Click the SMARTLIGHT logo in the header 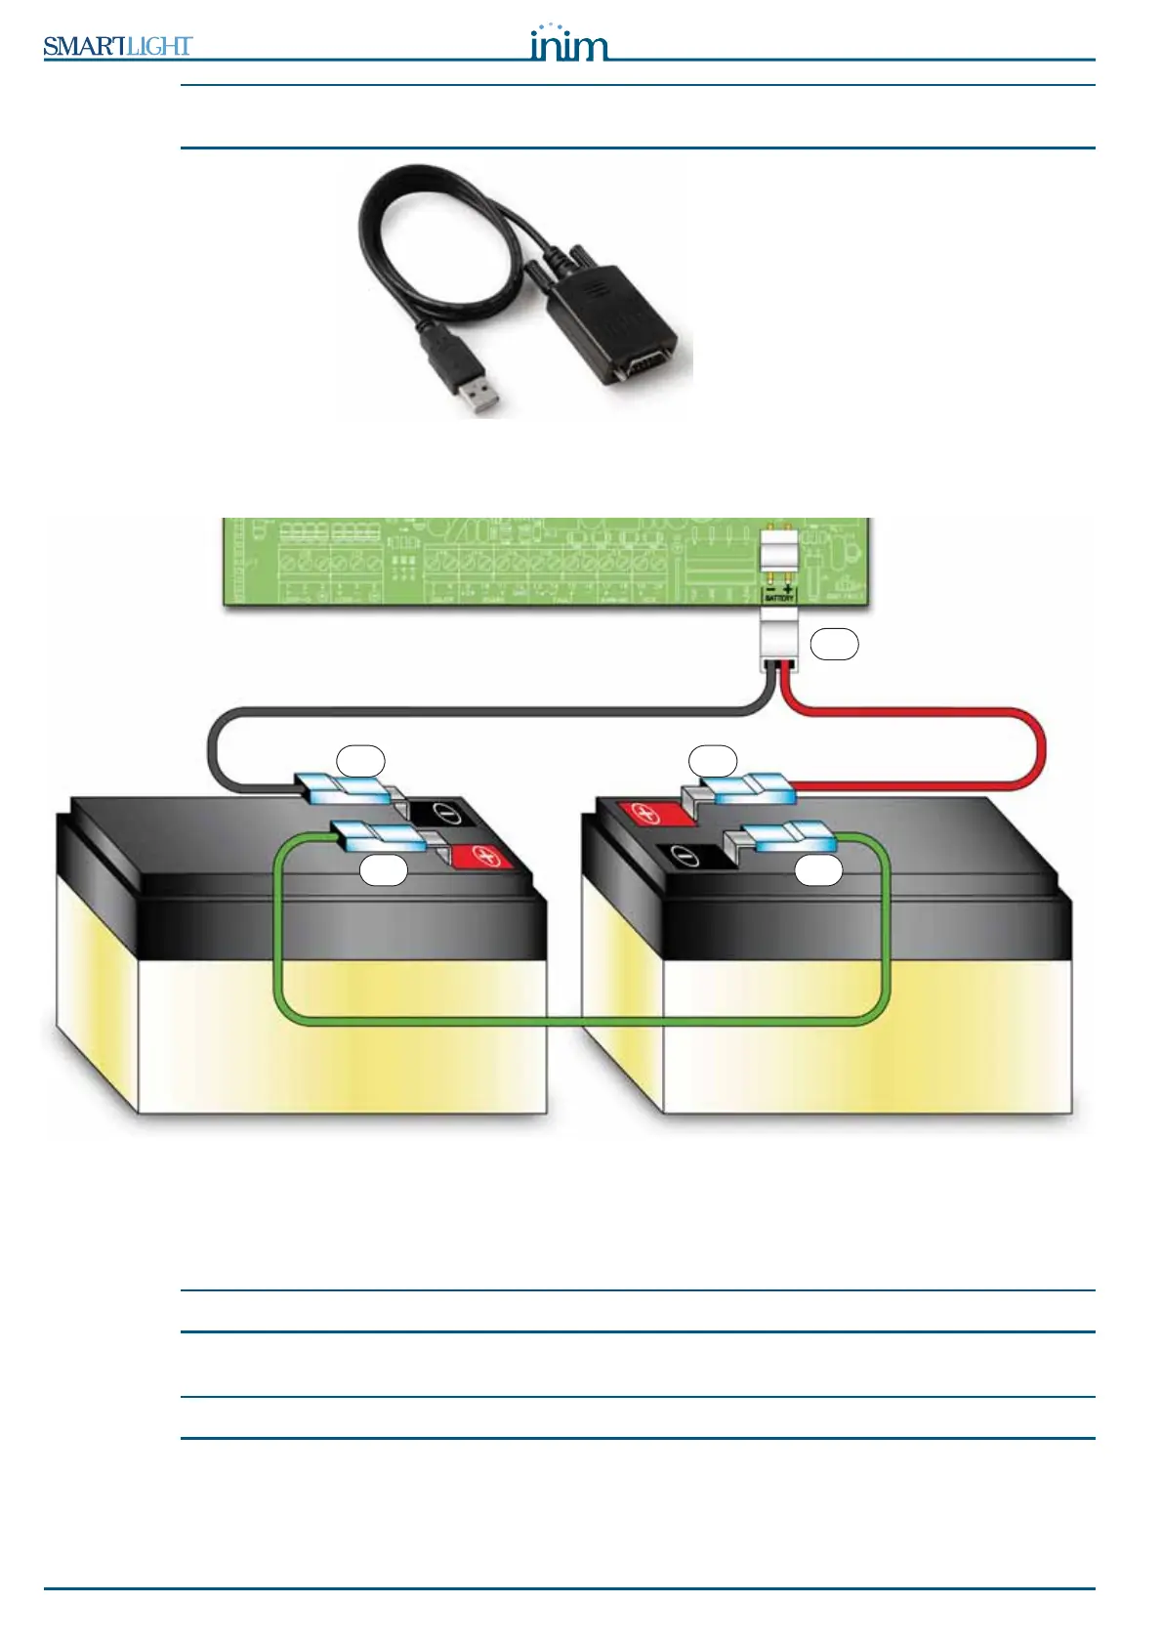click(x=117, y=46)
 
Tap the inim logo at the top click(x=568, y=44)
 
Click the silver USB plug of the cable click(x=477, y=393)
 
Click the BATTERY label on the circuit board click(x=779, y=598)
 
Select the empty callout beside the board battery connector click(x=834, y=645)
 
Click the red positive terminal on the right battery click(x=645, y=813)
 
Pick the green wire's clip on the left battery click(x=377, y=834)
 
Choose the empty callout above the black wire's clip click(x=360, y=760)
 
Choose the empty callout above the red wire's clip click(x=713, y=760)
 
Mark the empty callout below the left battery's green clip click(x=384, y=870)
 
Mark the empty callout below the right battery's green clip click(x=818, y=870)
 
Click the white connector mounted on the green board click(x=779, y=553)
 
